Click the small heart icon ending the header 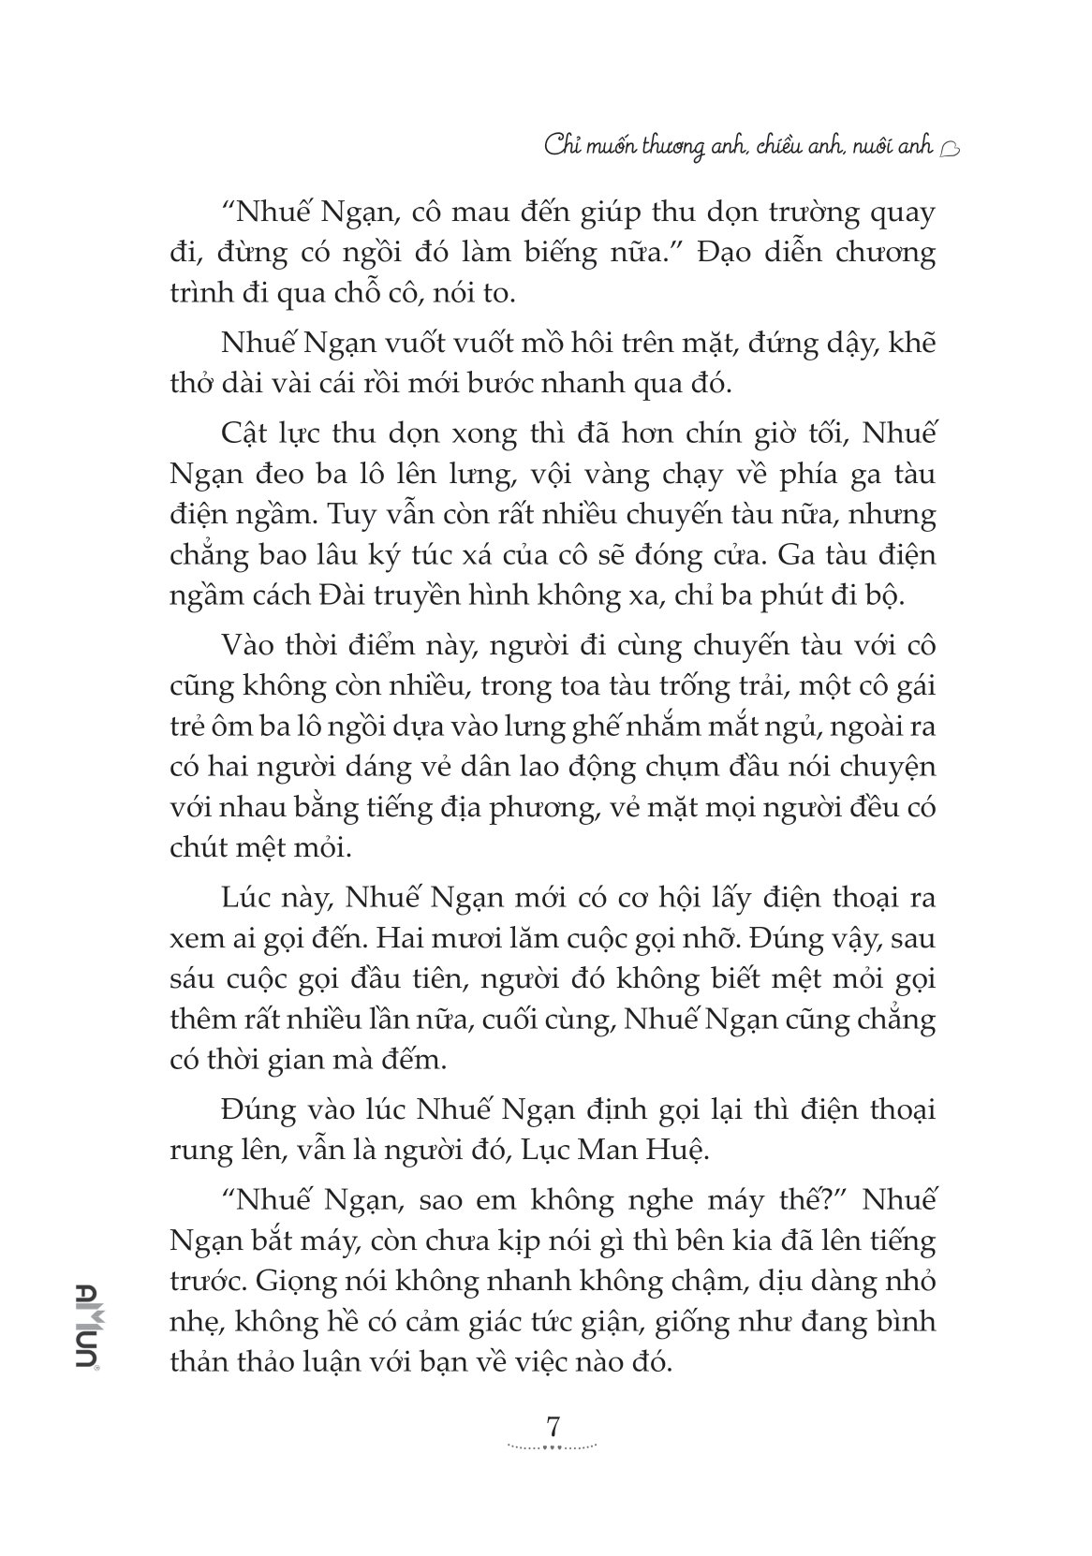click(x=948, y=147)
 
